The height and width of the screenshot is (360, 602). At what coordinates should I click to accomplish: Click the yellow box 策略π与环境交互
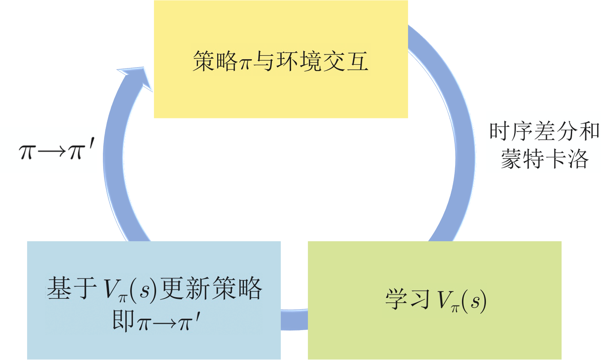[281, 90]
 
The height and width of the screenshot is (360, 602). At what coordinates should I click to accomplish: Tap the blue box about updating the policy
[154, 259]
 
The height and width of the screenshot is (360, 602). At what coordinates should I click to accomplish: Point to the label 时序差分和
[544, 132]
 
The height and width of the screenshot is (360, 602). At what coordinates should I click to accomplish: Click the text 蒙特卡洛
[544, 159]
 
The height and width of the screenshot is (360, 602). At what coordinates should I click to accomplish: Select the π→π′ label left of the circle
[55, 151]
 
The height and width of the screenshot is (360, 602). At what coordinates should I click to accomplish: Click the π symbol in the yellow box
[245, 63]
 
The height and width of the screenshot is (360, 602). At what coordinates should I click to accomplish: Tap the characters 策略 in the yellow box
[215, 62]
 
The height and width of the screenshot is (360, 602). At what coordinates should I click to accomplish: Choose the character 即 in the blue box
[123, 321]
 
